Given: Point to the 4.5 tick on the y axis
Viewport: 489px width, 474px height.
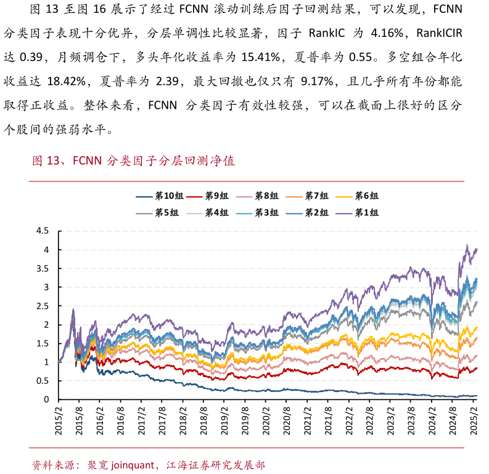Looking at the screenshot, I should [x=43, y=231].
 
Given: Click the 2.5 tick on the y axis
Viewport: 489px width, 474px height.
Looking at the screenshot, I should [x=43, y=306].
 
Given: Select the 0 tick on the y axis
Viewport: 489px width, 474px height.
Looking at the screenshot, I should [x=46, y=400].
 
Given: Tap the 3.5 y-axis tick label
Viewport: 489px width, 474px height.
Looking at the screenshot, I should [x=43, y=268].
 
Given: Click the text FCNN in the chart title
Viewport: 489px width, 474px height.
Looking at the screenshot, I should [x=86, y=162].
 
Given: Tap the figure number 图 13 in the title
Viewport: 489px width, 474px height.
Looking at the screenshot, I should [x=45, y=162].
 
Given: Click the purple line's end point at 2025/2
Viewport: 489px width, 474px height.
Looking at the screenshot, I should [x=477, y=249].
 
